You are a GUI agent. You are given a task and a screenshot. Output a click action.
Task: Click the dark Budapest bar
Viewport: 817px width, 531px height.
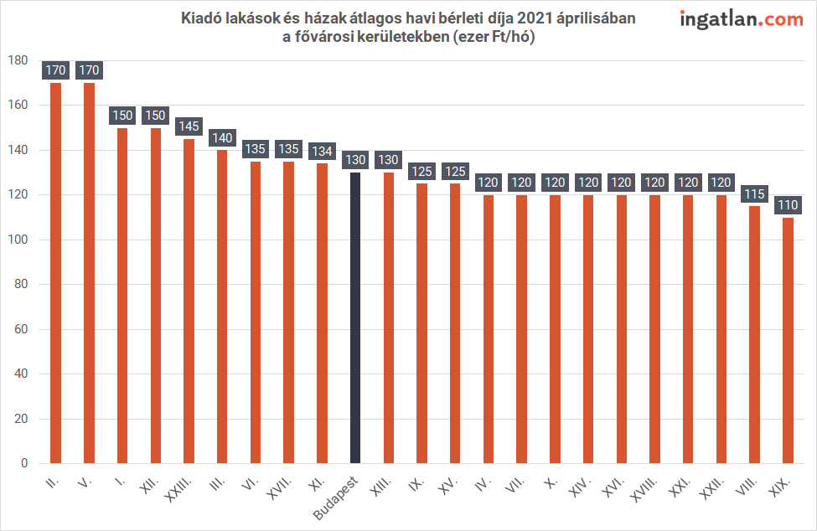coord(355,318)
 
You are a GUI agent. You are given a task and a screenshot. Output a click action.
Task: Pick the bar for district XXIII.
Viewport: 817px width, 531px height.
coord(189,301)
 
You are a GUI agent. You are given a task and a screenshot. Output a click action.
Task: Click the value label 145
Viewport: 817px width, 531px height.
coord(189,126)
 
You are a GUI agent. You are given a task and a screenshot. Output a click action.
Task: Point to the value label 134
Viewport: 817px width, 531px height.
coord(322,151)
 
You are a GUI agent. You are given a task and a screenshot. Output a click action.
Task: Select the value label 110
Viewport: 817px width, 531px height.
coord(788,205)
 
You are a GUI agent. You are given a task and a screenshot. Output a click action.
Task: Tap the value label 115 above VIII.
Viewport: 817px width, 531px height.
coord(754,194)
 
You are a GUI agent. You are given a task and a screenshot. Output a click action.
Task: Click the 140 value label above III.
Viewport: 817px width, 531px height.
coord(222,138)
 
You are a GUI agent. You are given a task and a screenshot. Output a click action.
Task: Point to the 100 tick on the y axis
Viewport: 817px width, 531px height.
coord(18,240)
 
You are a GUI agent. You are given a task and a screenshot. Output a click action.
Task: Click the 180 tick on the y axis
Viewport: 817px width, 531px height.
coord(18,60)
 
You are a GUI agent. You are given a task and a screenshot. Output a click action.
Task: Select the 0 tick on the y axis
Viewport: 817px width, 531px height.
coord(23,463)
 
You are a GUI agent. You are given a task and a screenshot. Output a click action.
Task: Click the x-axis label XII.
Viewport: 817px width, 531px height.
coord(150,485)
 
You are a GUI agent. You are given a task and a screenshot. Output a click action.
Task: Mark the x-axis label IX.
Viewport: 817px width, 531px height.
coord(416,483)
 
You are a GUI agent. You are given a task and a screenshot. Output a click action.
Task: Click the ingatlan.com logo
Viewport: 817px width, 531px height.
coord(742,18)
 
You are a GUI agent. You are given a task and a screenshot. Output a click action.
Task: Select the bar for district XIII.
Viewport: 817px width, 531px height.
coord(389,317)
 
